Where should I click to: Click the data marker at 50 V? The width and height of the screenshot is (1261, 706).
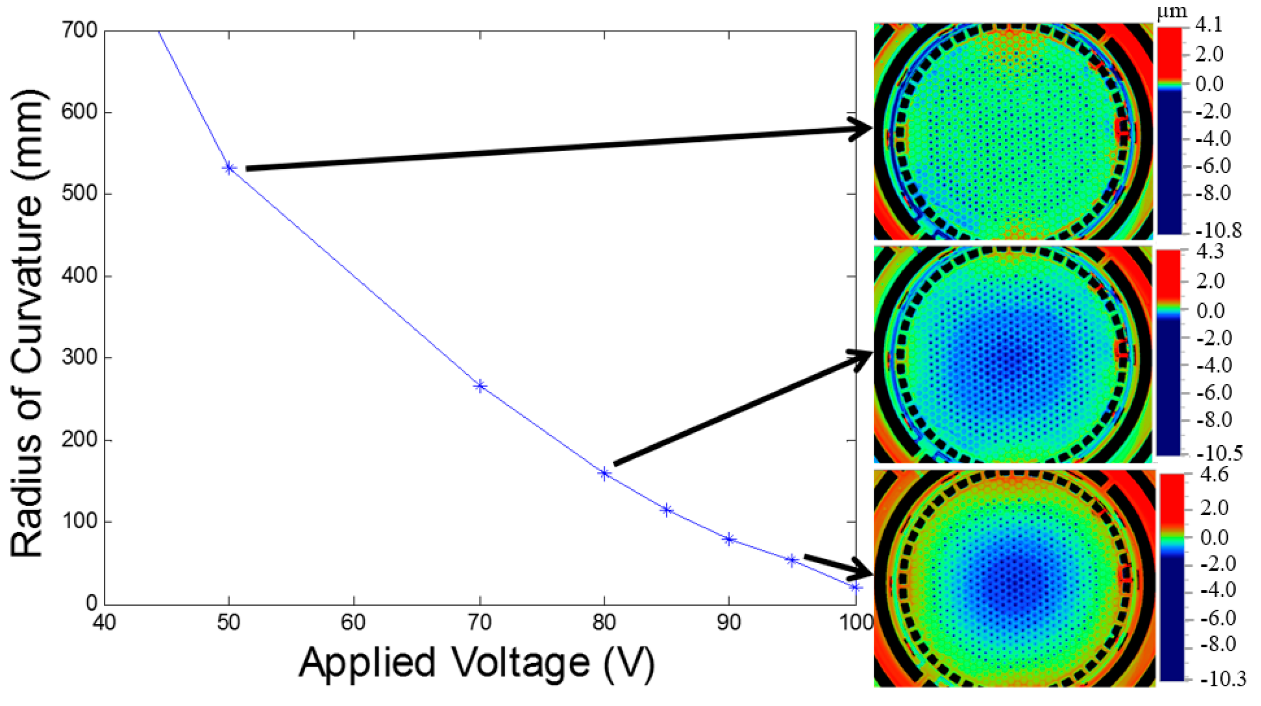[x=229, y=168]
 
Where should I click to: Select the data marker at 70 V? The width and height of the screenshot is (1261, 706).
[x=480, y=386]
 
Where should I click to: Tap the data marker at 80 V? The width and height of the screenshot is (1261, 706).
[x=604, y=474]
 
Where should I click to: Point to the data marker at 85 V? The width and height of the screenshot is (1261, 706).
[x=667, y=510]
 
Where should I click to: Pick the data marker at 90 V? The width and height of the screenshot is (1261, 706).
[x=729, y=539]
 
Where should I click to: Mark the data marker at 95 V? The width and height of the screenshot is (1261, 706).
[x=792, y=560]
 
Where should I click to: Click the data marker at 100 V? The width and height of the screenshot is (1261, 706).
[x=855, y=588]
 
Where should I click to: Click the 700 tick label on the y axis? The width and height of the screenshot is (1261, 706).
[x=79, y=30]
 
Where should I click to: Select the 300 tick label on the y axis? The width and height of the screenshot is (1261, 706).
[x=79, y=358]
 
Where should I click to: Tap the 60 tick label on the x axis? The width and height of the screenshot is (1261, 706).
[x=353, y=623]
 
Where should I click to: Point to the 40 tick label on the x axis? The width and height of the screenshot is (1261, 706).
[x=104, y=623]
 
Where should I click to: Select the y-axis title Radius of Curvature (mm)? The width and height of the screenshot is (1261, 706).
[x=27, y=323]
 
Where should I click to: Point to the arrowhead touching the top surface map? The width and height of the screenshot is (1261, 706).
[x=862, y=128]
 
